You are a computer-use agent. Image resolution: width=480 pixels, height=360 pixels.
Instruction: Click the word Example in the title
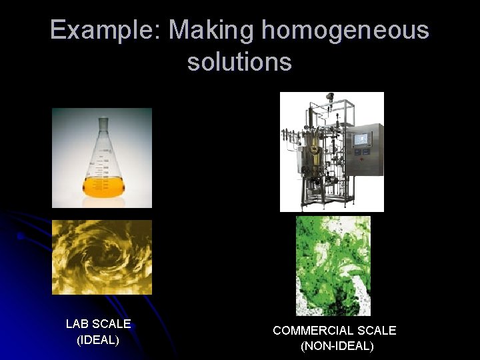click(x=102, y=31)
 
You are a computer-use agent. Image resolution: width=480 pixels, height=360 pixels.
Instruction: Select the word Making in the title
click(x=212, y=31)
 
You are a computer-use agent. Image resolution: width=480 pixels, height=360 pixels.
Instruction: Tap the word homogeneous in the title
click(x=345, y=31)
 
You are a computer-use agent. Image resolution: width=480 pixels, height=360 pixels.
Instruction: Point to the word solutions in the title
click(x=239, y=61)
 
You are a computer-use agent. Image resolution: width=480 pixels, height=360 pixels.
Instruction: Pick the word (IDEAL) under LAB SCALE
click(x=98, y=340)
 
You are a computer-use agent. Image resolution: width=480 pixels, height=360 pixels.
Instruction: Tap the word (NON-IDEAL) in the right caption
click(x=337, y=346)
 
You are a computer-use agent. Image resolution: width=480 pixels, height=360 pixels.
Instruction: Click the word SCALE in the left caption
click(x=111, y=324)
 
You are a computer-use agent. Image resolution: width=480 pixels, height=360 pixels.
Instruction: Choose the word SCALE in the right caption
click(x=377, y=330)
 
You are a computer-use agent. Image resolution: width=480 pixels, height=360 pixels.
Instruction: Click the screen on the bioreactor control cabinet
click(x=362, y=139)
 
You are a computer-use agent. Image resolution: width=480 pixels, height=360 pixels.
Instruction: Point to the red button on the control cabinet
click(x=361, y=161)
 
